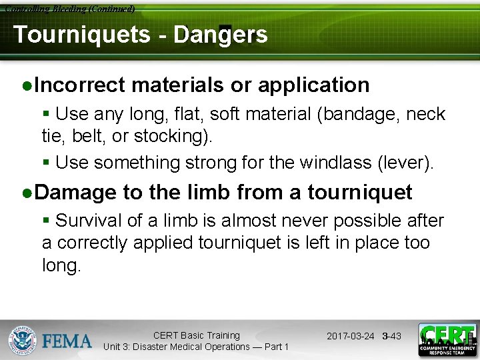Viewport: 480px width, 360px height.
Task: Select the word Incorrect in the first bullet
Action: (79, 85)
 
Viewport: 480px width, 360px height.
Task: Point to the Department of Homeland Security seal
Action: (22, 340)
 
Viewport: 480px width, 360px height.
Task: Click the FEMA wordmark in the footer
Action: (67, 341)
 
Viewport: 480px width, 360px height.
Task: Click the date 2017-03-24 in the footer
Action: (351, 336)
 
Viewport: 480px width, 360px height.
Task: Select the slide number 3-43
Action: (392, 336)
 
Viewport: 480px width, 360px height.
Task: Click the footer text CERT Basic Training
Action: (196, 335)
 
